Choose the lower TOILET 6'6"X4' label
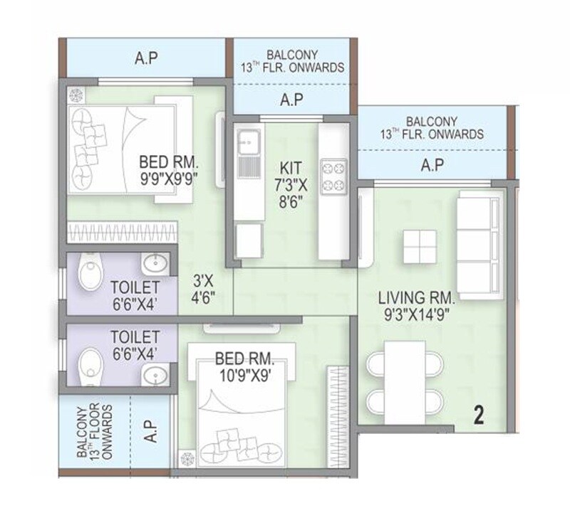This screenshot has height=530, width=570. [133, 342]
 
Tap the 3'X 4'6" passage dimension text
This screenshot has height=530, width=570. [202, 289]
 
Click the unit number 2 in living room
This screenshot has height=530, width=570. [478, 415]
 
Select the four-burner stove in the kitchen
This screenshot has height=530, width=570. [333, 176]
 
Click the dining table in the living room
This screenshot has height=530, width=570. [404, 381]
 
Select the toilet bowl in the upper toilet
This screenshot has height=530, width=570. [90, 275]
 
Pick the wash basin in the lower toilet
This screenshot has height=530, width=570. [155, 375]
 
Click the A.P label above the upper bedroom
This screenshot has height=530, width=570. [146, 59]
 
